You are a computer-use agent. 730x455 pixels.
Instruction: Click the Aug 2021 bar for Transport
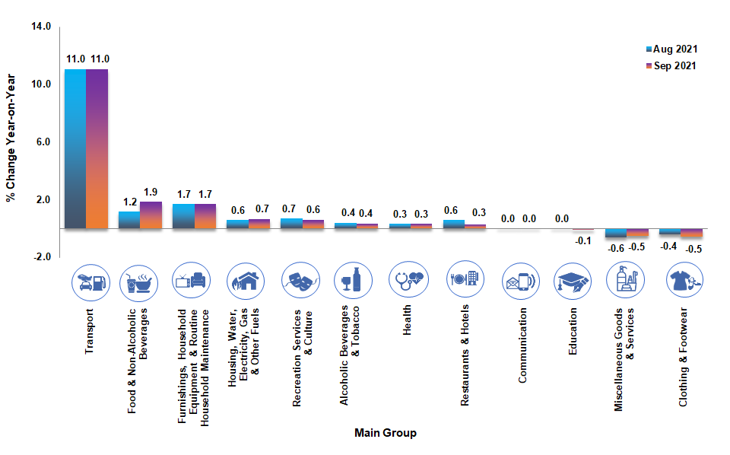click(75, 148)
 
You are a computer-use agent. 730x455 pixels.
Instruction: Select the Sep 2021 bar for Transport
click(97, 148)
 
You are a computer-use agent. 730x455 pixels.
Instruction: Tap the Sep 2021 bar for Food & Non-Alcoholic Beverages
click(151, 215)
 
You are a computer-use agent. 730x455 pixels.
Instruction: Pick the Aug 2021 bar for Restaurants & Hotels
click(454, 224)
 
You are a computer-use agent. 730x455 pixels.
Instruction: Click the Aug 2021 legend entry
click(671, 49)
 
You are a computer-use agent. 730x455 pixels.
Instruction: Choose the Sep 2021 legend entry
click(671, 65)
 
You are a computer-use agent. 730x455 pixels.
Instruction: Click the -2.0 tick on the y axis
click(42, 257)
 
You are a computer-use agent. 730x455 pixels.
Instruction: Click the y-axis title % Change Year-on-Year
click(11, 137)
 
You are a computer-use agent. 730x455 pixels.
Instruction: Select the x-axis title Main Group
click(386, 434)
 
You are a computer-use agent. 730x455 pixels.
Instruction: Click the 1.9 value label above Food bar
click(151, 192)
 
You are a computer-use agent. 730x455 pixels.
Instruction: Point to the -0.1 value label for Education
click(583, 241)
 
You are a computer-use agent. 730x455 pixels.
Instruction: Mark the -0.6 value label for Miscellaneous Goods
click(615, 247)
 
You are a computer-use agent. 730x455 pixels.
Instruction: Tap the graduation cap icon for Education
click(573, 282)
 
